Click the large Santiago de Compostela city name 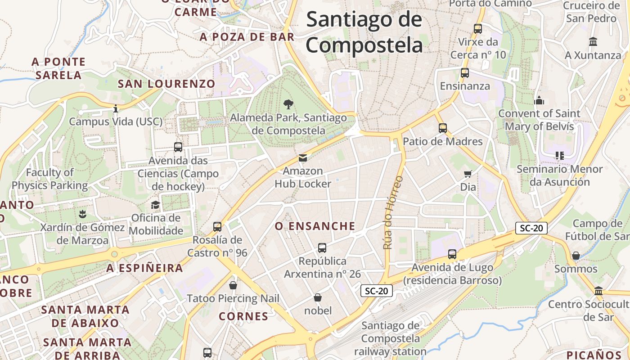[x=364, y=32]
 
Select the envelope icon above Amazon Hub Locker [x=303, y=158]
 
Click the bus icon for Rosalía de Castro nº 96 [x=217, y=227]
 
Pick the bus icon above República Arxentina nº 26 [x=322, y=248]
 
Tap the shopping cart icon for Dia [x=468, y=174]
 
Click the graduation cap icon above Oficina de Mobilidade [x=155, y=205]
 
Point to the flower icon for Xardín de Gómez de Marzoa [x=82, y=213]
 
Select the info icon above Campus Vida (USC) [x=116, y=108]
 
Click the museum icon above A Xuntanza [x=593, y=42]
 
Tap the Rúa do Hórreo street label [x=393, y=213]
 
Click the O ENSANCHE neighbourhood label [x=315, y=226]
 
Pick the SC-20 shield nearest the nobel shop [x=377, y=291]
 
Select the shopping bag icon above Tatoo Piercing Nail [x=233, y=285]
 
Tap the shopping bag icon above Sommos [x=576, y=256]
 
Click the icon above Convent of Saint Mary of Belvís [x=539, y=100]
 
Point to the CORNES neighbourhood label [x=243, y=316]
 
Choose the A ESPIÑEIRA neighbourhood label [x=145, y=268]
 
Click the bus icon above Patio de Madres [x=443, y=128]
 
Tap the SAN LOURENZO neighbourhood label [x=166, y=84]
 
